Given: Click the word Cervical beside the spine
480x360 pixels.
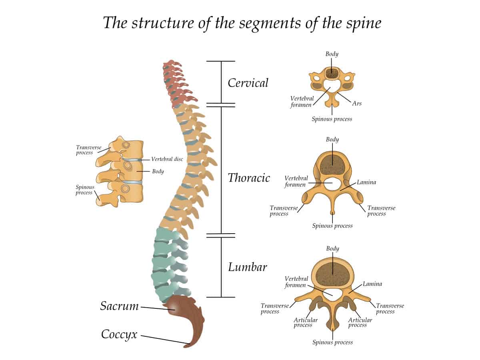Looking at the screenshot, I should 248,83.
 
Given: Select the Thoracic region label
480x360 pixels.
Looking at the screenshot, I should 249,178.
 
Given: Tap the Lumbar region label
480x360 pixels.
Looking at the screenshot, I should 247,267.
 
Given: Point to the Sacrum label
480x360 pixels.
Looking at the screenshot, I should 119,306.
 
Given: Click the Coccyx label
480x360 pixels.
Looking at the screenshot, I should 119,334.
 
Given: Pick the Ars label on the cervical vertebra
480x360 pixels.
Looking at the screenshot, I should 357,103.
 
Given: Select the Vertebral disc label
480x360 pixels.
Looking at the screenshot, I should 167,159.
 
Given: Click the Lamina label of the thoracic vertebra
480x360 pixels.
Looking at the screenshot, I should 366,182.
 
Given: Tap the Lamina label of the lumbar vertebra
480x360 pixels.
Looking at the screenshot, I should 372,284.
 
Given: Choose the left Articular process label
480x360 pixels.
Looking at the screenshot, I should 306,322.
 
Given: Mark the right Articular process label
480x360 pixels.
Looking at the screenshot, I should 360,322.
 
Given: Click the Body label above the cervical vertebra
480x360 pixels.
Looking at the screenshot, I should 332,54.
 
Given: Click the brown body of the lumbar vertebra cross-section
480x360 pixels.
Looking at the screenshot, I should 332,273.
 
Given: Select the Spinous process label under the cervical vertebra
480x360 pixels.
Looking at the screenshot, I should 332,119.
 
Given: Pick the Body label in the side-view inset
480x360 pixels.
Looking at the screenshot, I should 158,171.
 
